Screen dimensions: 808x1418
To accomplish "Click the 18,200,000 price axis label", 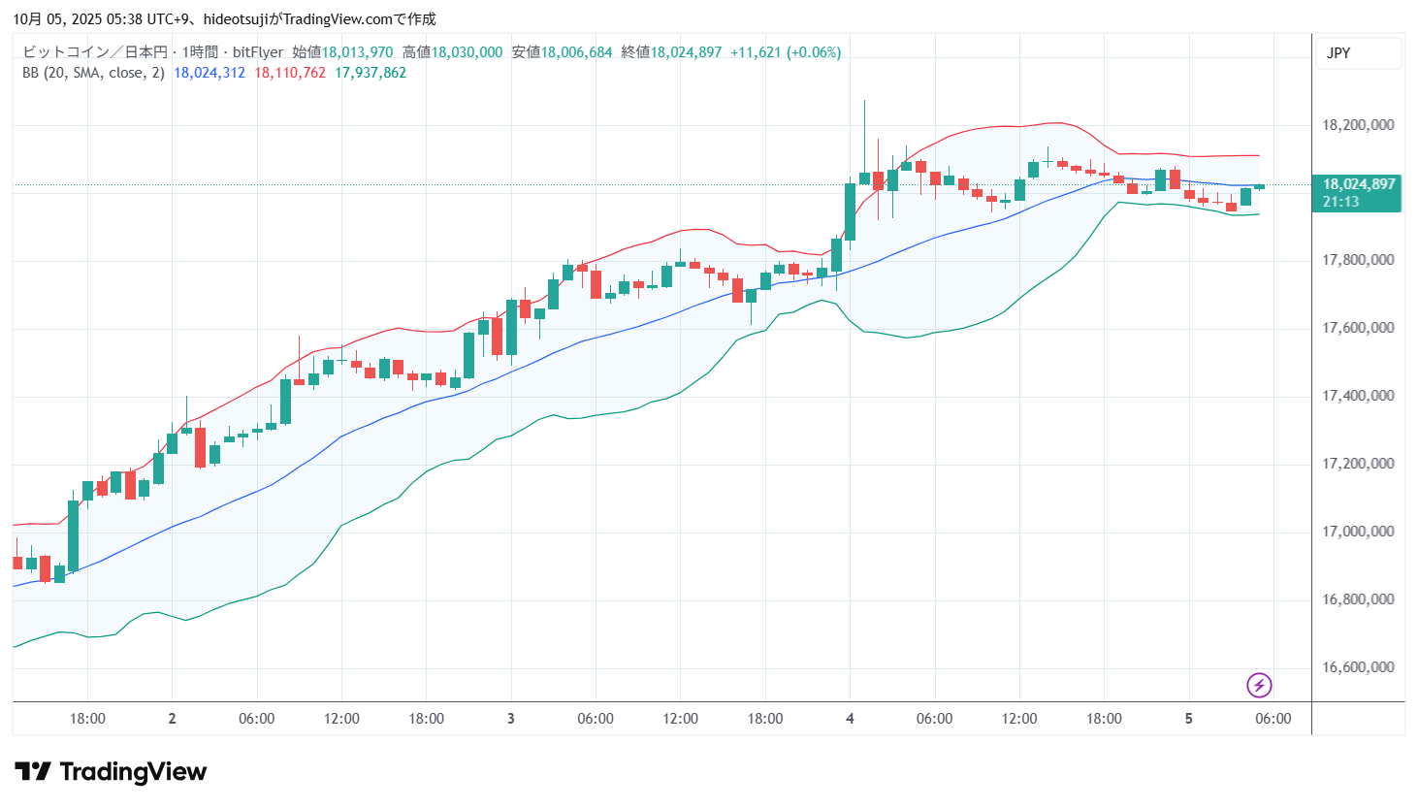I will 1358,125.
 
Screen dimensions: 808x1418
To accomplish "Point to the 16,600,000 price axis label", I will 1358,667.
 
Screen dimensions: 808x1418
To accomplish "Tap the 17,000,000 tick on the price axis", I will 1358,532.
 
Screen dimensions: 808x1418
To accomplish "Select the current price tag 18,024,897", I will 1359,184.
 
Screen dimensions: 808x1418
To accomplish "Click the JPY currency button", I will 1338,53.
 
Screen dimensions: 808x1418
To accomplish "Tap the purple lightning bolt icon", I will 1259,686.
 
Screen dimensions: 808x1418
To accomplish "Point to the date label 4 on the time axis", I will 850,719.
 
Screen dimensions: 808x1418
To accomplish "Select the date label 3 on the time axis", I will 511,719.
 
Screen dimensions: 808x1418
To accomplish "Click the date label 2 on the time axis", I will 172,719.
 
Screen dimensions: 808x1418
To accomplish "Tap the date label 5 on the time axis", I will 1188,719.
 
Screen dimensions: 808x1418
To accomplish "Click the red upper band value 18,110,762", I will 290,73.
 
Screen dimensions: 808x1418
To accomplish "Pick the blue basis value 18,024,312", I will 209,73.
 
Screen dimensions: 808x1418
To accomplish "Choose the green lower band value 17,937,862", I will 371,73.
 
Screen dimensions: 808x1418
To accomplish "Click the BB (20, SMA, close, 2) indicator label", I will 93,73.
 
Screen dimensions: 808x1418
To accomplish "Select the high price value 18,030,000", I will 467,52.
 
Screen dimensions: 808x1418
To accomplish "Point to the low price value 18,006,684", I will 576,52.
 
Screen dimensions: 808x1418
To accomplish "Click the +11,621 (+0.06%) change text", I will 786,52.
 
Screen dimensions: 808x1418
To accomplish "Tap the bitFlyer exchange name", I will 258,52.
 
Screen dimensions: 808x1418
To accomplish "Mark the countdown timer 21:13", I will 1340,202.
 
